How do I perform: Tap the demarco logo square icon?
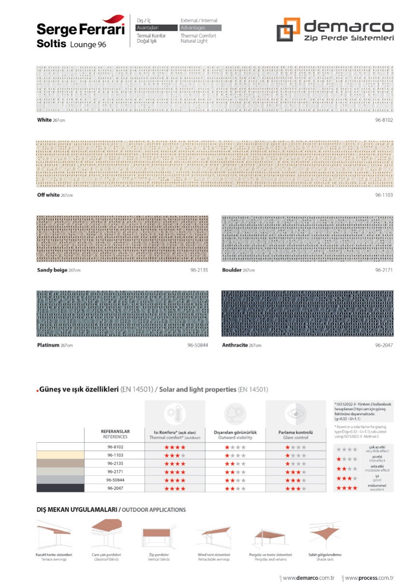(288, 30)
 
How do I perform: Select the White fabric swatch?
(215, 89)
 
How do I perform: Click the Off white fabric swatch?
(215, 164)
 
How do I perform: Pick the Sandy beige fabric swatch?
(122, 239)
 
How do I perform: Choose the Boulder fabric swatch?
(307, 239)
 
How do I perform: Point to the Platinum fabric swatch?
(122, 313)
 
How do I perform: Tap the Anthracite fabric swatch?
(307, 313)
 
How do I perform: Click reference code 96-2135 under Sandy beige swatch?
(199, 270)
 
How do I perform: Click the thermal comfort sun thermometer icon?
(174, 415)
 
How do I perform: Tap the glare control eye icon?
(295, 415)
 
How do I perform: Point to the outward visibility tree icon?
(235, 415)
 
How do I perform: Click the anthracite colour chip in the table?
(60, 488)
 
